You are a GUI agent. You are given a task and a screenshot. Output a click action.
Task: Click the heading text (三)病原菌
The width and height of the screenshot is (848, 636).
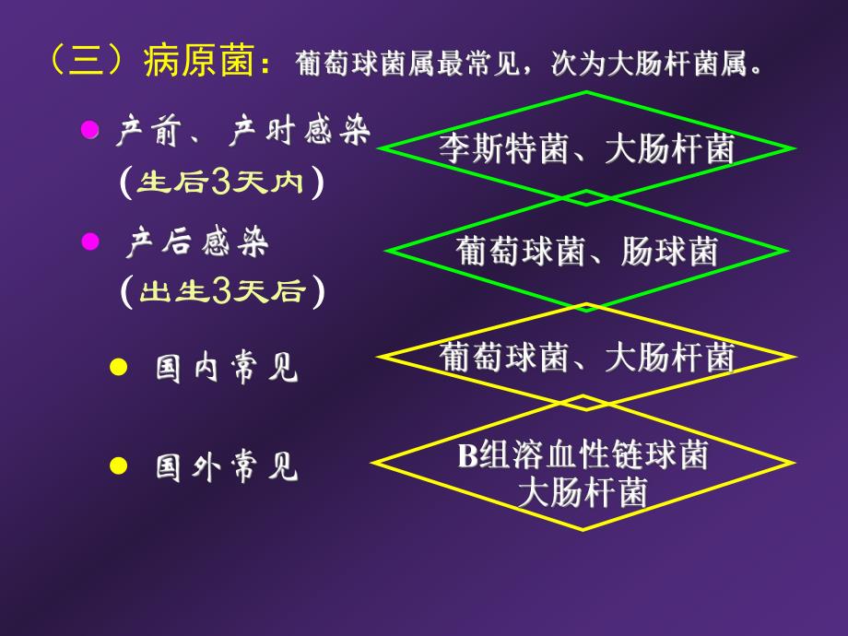pyautogui.click(x=157, y=64)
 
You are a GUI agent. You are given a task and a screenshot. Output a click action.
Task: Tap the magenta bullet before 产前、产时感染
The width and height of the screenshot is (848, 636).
pyautogui.click(x=90, y=130)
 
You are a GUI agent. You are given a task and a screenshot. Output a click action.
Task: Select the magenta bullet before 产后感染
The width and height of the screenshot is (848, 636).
pyautogui.click(x=90, y=241)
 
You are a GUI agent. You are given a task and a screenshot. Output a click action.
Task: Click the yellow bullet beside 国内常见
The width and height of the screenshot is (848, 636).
pyautogui.click(x=117, y=367)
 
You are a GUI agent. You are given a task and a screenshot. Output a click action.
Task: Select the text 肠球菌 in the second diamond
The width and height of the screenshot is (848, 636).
pyautogui.click(x=670, y=251)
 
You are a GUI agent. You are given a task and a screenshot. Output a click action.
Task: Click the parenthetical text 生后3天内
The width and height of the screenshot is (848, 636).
pyautogui.click(x=220, y=183)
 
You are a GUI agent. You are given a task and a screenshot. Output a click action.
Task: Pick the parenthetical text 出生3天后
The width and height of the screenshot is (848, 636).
pyautogui.click(x=221, y=292)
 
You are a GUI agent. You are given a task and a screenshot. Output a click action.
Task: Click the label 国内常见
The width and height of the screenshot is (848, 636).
pyautogui.click(x=227, y=369)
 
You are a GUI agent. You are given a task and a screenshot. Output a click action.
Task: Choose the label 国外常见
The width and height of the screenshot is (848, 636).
pyautogui.click(x=227, y=467)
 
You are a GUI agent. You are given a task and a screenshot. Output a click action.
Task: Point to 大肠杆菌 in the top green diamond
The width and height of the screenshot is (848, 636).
pyautogui.click(x=670, y=149)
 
